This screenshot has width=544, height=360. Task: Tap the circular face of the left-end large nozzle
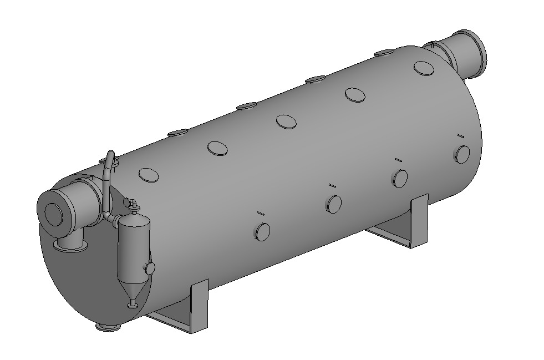coord(54,213)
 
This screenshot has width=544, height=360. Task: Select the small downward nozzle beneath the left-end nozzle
coord(70,243)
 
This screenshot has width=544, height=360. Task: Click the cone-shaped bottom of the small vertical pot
coord(133,290)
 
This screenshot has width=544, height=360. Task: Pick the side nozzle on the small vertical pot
coord(149,268)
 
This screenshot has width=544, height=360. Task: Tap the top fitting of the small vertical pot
coord(133,205)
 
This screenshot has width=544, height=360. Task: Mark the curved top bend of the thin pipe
coord(110,156)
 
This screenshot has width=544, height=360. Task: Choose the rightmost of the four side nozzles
coord(462,153)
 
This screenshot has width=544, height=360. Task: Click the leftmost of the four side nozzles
coord(262,231)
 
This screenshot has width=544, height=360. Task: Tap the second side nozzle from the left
coord(334,204)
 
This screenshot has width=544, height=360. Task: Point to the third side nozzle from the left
coord(399,178)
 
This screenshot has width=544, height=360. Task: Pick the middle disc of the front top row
coord(286,122)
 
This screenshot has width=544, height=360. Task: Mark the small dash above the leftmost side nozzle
coord(260,212)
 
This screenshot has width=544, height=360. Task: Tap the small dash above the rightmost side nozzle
coord(460,135)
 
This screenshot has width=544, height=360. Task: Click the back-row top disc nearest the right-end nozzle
coord(384,53)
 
